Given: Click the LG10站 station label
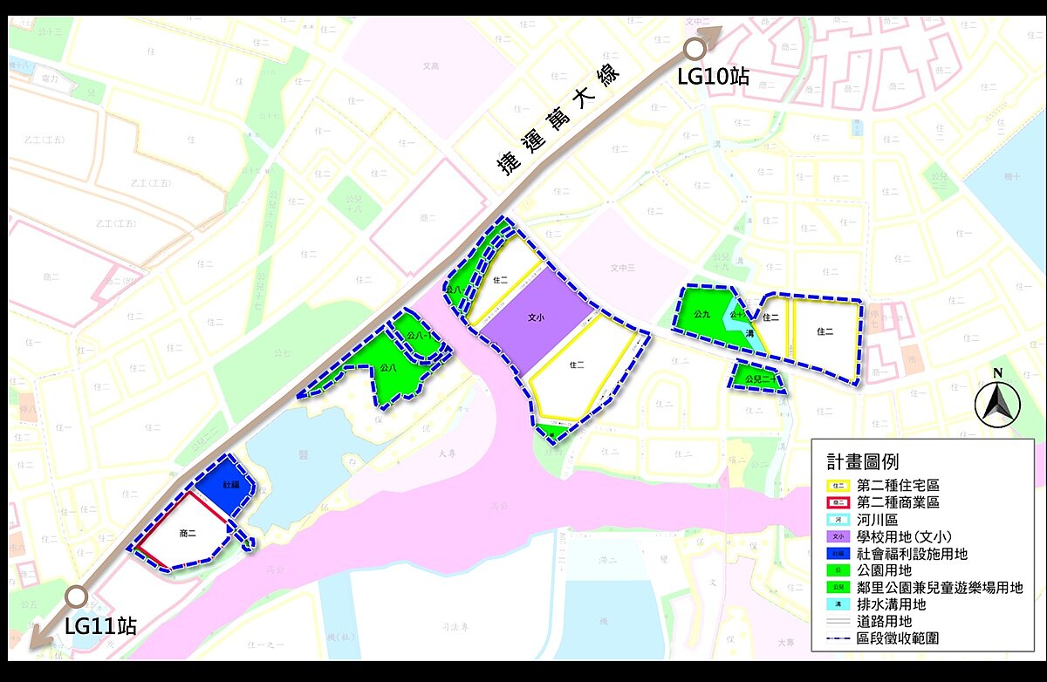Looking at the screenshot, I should point(713,76).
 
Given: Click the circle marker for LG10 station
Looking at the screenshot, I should point(695,49).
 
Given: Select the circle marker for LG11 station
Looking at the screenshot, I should point(77,597).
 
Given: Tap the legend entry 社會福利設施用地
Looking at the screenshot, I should point(912,554).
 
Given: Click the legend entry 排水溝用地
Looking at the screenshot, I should point(891,604).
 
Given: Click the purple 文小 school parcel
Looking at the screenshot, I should point(537,319).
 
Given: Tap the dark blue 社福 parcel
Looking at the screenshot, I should point(228,485).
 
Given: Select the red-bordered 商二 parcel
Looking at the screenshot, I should point(187,532).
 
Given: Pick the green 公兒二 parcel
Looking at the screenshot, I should point(754,378).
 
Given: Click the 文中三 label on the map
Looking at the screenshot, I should point(622,268).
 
